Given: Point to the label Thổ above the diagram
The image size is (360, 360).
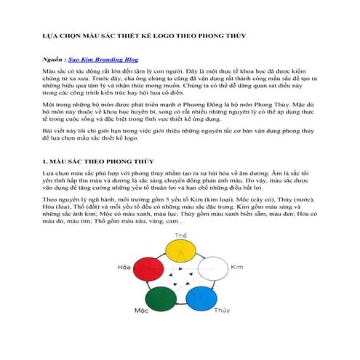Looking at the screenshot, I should click(x=181, y=236).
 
